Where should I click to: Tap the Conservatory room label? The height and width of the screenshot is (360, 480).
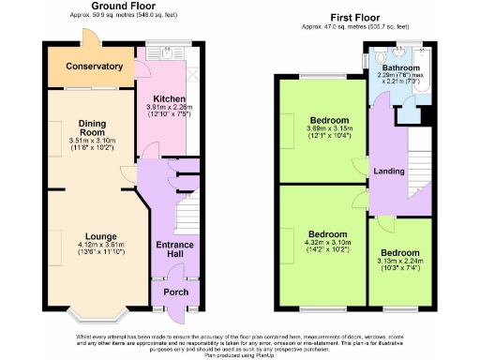88,67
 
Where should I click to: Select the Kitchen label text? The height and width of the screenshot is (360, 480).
169,98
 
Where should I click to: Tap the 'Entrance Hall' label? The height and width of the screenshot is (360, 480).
174,249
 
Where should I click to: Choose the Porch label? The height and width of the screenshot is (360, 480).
175,292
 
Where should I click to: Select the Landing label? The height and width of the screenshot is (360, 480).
388,170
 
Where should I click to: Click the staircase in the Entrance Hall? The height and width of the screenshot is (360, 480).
187,211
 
